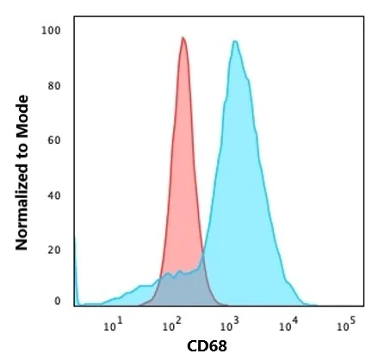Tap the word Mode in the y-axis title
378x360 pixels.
(22, 96)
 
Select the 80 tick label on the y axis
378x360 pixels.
(54, 86)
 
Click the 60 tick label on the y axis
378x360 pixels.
(54, 140)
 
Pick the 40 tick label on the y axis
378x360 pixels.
(54, 195)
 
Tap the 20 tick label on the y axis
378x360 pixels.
(54, 249)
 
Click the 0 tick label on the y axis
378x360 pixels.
(57, 301)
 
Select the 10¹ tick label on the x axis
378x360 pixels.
(112, 326)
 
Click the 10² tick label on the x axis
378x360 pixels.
(170, 326)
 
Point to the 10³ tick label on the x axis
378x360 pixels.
(229, 326)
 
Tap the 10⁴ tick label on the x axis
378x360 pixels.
(288, 326)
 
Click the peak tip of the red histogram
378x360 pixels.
(183, 38)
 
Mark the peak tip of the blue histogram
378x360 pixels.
(234, 41)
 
